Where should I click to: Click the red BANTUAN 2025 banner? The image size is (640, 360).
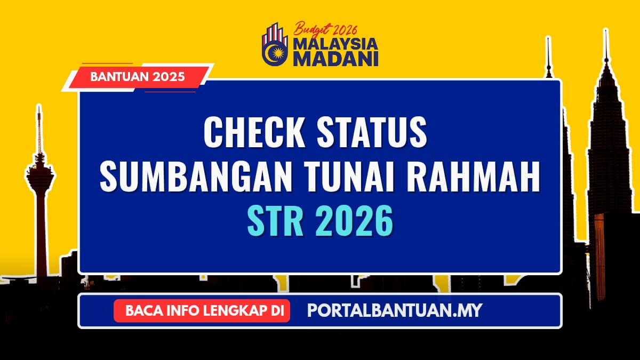(138, 77)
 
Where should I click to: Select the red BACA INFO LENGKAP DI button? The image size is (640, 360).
(202, 310)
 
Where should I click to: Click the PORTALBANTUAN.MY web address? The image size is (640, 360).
(394, 310)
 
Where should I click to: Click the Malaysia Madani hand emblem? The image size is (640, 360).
(276, 46)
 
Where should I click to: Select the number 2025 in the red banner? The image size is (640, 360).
(167, 77)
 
